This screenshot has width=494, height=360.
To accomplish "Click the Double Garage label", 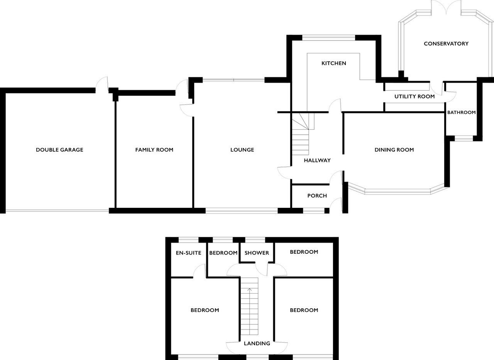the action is point(59,150).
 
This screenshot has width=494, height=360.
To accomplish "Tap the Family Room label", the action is point(154,150).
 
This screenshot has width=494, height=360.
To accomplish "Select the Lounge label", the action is point(242,150).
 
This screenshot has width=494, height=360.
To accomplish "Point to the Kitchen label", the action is point(334,63).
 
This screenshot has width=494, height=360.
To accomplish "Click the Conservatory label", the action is point(446,44).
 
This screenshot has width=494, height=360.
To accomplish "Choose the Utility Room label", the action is point(414,97).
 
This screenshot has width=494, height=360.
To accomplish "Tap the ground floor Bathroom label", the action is point(461,112).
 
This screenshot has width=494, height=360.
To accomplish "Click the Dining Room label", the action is point(394,150).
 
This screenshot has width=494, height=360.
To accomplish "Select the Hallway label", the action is point(317,160).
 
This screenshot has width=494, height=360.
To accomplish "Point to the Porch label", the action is point(317,195).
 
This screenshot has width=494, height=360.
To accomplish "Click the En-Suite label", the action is point(189,253).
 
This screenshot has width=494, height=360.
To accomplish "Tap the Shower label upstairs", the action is point(257,253).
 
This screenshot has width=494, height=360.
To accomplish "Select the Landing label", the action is point(257,343).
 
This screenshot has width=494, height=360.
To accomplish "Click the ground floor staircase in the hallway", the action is point(301,134).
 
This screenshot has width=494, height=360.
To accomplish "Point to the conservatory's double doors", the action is point(446,8).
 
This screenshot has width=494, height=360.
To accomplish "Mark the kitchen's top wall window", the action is point(328,38).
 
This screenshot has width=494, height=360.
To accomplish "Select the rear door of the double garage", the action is point(102,84).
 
